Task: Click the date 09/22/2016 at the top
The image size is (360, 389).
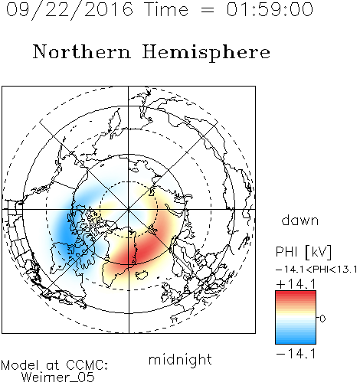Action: [x=69, y=9]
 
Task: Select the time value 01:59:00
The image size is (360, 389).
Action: [x=270, y=9]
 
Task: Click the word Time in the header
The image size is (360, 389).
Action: [x=166, y=9]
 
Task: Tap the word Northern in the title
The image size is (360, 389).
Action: [x=82, y=51]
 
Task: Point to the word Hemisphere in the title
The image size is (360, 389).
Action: [x=206, y=53]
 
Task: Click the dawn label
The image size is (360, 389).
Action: [x=300, y=220]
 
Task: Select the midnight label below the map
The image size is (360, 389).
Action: [x=180, y=359]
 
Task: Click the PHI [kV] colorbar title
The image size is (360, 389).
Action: [x=303, y=252]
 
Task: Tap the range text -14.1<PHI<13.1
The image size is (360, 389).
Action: [x=316, y=270]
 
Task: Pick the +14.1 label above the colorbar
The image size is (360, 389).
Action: [x=296, y=284]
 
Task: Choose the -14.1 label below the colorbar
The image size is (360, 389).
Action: [x=296, y=354]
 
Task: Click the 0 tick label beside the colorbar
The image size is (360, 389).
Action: [x=322, y=319]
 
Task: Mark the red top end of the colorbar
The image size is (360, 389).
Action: [x=296, y=293]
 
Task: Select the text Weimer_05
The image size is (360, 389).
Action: [x=57, y=378]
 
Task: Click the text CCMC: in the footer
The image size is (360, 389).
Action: [x=87, y=365]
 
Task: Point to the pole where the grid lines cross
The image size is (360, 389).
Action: [x=129, y=209]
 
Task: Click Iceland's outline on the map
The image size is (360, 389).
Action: [x=141, y=275]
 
